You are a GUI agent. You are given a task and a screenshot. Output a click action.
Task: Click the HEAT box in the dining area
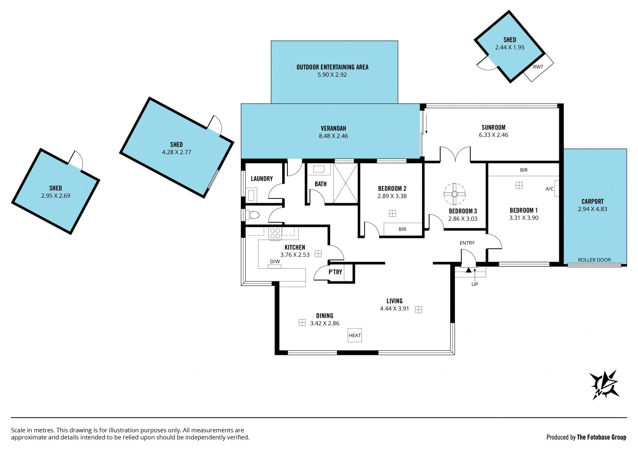click(x=355, y=335)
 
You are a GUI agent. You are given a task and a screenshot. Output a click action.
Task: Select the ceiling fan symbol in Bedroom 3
click(x=455, y=194)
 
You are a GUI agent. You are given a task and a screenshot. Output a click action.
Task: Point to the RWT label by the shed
click(x=538, y=67)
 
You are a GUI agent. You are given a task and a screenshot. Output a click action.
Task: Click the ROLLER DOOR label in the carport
click(x=594, y=260)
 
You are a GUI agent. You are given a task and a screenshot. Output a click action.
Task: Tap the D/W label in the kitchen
click(x=275, y=261)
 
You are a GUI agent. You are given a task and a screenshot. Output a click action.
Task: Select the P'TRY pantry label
click(x=335, y=272)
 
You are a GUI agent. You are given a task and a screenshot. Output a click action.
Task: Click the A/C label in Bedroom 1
click(x=550, y=189)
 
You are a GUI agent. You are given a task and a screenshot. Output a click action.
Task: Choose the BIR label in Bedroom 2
click(x=402, y=229)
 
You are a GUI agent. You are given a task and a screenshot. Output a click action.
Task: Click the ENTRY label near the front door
click(x=467, y=243)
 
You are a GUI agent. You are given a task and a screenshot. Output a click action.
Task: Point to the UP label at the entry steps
click(x=475, y=284)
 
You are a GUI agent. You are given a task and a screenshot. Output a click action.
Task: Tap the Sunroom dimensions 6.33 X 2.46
click(x=493, y=135)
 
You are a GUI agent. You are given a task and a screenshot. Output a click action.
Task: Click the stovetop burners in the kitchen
click(x=275, y=233)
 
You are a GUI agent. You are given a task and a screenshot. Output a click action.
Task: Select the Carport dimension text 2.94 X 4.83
click(x=592, y=209)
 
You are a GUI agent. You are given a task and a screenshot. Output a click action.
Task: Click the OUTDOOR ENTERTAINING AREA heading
click(x=332, y=67)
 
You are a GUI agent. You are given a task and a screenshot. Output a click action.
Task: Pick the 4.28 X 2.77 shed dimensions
click(x=176, y=152)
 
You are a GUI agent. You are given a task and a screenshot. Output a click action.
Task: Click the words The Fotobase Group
click(x=601, y=437)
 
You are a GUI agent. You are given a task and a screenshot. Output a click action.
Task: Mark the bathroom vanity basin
click(x=319, y=169)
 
